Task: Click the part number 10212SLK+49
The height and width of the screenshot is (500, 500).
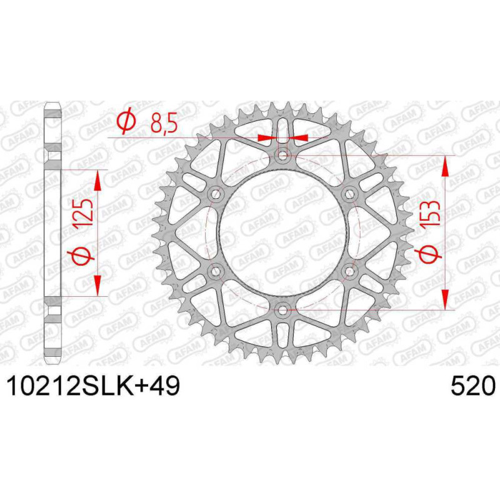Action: pyautogui.click(x=93, y=386)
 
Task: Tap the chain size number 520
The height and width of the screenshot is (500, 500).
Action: pyautogui.click(x=473, y=386)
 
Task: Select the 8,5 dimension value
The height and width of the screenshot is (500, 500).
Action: pyautogui.click(x=164, y=123)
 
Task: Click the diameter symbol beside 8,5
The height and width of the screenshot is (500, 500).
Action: pyautogui.click(x=127, y=122)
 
